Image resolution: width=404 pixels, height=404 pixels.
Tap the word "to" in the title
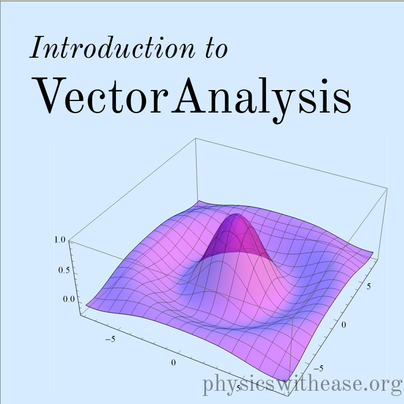point(216,49)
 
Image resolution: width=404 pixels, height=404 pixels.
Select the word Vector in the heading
point(100,95)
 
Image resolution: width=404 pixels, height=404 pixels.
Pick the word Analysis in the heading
point(261,99)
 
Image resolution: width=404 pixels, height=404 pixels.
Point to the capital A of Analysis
point(189,95)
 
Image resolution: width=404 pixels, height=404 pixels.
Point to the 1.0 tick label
point(60,240)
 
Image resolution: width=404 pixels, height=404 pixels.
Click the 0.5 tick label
point(64,270)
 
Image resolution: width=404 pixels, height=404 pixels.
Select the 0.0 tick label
point(69,299)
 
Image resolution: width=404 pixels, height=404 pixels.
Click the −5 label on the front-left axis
point(110,339)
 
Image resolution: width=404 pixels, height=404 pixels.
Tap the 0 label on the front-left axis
point(173,363)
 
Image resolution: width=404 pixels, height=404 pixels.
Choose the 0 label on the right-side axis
point(344,325)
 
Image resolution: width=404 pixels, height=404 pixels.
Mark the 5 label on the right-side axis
point(369,286)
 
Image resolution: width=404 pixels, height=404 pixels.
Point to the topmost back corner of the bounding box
point(196,138)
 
